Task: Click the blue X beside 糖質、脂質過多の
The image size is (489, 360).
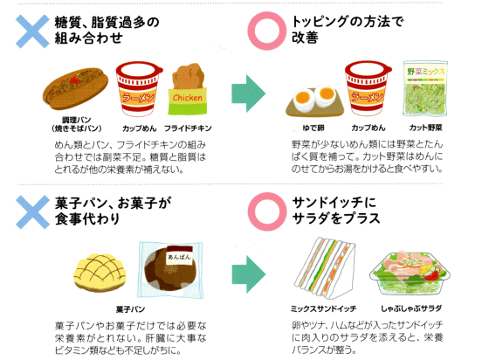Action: pos(32,31)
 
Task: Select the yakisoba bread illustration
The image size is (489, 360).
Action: pos(75,88)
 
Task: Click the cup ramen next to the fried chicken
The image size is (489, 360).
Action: pos(139,88)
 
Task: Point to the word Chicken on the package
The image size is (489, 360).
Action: pos(188,98)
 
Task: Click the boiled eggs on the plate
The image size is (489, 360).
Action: pos(314,100)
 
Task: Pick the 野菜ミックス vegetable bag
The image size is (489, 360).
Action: pos(425,88)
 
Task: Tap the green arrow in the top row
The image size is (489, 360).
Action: pos(249,93)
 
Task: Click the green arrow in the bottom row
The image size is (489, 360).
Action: pos(249,274)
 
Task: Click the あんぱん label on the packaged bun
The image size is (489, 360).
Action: pos(179,258)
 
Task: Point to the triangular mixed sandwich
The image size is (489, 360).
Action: pos(325,268)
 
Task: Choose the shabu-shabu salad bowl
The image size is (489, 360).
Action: pos(410,273)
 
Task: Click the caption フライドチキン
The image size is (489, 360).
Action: pos(188,128)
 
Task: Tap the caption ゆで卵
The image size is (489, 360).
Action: pos(313,128)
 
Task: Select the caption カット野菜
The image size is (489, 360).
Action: pos(426,128)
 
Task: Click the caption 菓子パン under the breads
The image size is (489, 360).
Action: pos(131,309)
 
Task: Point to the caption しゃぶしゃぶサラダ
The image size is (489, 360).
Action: pos(411,308)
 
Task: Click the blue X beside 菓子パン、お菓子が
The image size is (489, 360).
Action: pos(33,212)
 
